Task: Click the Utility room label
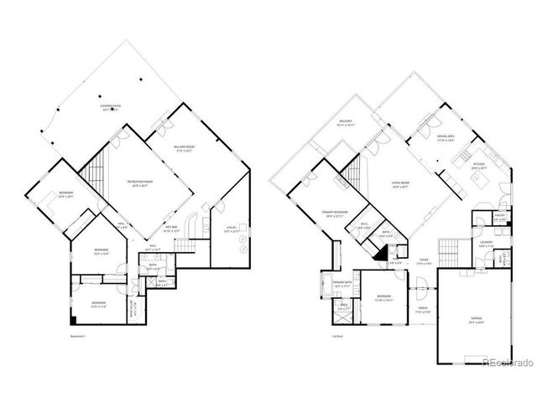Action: tap(232, 228)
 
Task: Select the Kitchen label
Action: tap(479, 165)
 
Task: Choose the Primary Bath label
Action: tap(341, 283)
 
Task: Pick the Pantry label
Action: tap(499, 218)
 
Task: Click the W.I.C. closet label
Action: tap(365, 225)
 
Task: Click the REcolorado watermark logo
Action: tap(508, 362)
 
